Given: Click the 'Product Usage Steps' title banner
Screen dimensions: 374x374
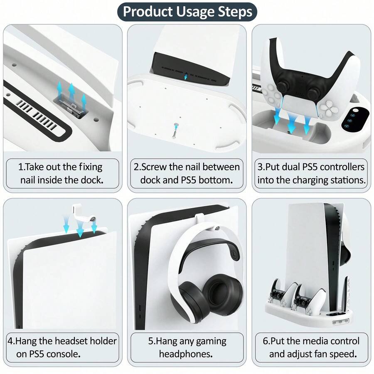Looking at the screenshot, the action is point(187,12).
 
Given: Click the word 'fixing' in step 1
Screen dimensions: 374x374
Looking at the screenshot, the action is point(91,167).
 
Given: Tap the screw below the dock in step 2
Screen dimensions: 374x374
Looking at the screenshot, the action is point(175,130).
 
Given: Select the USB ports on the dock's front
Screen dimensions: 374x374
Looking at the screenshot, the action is point(340,322).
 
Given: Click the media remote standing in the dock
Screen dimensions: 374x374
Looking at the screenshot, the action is point(345,295).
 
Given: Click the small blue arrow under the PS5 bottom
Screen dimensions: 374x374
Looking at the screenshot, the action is point(186,76).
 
